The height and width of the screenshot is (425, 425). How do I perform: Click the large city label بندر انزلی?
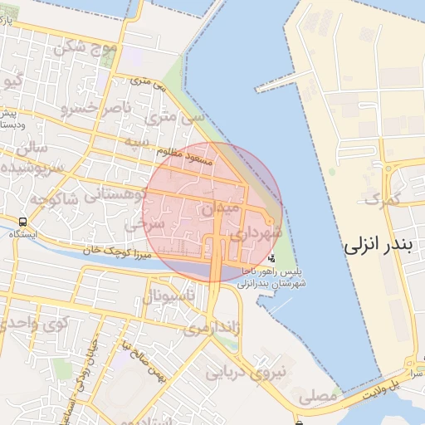coord(383,246)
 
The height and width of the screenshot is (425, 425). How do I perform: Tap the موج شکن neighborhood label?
coord(86,47)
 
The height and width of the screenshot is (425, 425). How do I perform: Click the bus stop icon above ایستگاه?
coord(22,222)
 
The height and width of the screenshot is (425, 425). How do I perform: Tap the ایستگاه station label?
coord(20,235)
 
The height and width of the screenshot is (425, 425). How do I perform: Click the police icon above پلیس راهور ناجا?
coord(271,258)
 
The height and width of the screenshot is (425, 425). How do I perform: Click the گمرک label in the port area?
coord(382,199)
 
